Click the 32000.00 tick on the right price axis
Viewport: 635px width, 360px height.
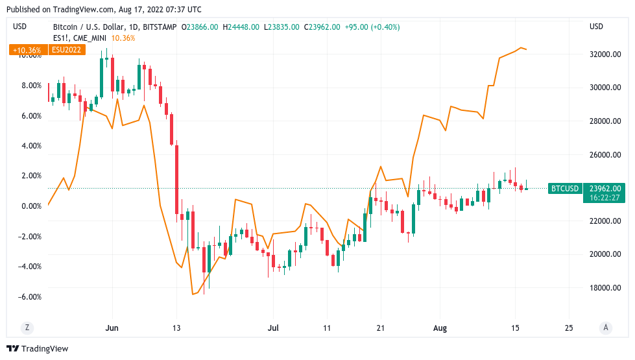click(605, 54)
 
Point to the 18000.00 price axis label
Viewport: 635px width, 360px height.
click(605, 288)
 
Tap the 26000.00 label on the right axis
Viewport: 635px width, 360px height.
click(605, 155)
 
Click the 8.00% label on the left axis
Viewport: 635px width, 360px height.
click(30, 86)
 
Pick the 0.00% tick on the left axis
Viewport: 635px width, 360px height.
click(30, 206)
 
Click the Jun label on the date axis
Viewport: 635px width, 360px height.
click(112, 328)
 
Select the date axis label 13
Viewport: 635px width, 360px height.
click(176, 328)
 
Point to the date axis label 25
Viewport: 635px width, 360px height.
click(569, 328)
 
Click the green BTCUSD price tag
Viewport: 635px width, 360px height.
click(564, 189)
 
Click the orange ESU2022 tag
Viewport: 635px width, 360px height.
click(67, 49)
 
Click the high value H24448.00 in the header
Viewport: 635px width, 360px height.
click(241, 27)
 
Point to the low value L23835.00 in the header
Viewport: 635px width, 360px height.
click(282, 27)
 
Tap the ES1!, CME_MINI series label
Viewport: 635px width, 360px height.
click(80, 38)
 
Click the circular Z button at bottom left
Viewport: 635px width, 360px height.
click(27, 328)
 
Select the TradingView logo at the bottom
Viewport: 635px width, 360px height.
click(37, 349)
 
